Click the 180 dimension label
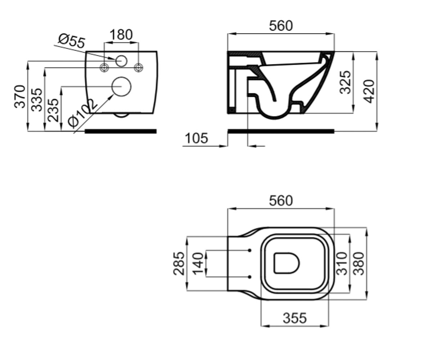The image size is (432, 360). click(x=121, y=35)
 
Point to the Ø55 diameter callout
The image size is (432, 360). click(x=72, y=42)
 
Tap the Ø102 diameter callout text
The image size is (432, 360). click(x=82, y=113)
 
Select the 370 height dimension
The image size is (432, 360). click(x=20, y=96)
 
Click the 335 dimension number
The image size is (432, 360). click(x=37, y=100)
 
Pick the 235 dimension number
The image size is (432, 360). click(x=53, y=110)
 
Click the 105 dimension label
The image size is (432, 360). click(x=196, y=138)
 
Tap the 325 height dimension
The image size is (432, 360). click(x=345, y=82)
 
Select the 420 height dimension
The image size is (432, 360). click(x=369, y=91)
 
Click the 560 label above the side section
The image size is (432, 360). click(x=281, y=26)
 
